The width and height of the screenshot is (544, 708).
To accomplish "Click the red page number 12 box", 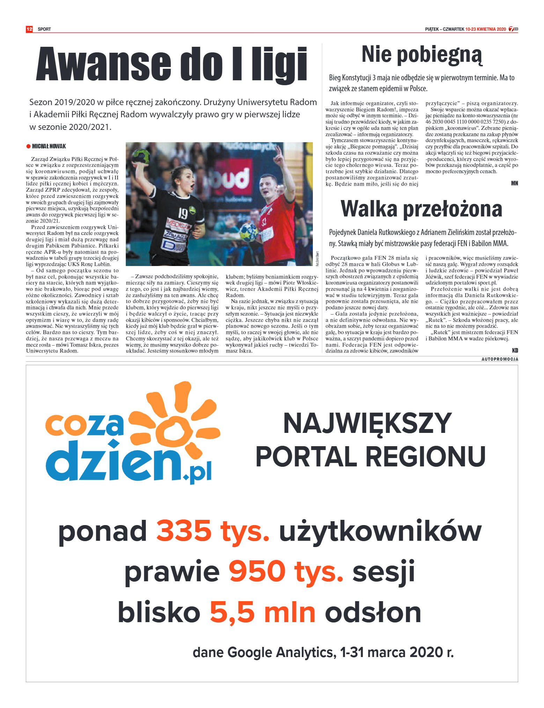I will (29, 29).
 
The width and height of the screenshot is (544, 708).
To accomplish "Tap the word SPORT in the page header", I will (44, 29).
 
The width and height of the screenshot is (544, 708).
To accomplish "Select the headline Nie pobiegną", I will (421, 55).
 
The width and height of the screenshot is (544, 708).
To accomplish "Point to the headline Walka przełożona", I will (421, 209).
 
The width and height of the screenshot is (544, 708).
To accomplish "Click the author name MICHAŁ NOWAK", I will (49, 146).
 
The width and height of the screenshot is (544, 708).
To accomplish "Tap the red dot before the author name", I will (28, 146).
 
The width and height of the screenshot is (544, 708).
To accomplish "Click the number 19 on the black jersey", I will (183, 213).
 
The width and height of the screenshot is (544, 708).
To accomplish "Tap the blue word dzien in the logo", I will (115, 461).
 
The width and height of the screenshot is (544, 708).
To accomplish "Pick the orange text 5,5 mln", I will (262, 613).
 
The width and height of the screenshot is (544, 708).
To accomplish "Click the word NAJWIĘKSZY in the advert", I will (367, 423).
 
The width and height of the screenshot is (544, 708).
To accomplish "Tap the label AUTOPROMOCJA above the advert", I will (500, 359).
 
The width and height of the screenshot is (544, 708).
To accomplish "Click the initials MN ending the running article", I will (514, 183).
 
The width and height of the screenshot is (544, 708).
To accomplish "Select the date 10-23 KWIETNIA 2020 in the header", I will (485, 29).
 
